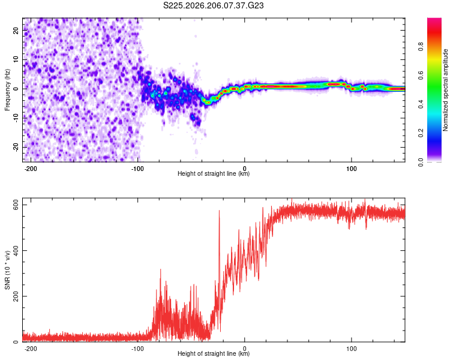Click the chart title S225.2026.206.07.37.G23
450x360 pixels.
point(213,5)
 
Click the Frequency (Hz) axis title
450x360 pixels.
point(7,90)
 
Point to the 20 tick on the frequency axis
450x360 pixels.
point(16,30)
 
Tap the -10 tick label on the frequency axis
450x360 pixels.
point(16,118)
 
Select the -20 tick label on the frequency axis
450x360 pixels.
point(16,147)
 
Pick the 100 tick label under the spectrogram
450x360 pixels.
point(351,169)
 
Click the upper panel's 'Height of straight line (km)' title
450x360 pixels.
point(214,173)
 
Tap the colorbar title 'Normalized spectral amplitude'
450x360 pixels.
point(445,90)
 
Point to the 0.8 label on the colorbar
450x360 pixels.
point(421,47)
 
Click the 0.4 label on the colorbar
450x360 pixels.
point(421,104)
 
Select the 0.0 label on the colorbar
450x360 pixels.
point(421,162)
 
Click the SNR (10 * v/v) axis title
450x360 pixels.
point(7,270)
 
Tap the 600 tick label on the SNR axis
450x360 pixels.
point(16,205)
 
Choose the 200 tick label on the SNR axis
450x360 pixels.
point(16,296)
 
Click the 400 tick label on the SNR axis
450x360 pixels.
point(16,251)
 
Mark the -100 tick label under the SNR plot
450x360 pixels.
point(137,349)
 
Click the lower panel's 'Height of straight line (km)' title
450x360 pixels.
point(214,353)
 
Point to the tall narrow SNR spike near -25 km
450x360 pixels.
point(219,259)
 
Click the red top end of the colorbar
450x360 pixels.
point(434,19)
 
